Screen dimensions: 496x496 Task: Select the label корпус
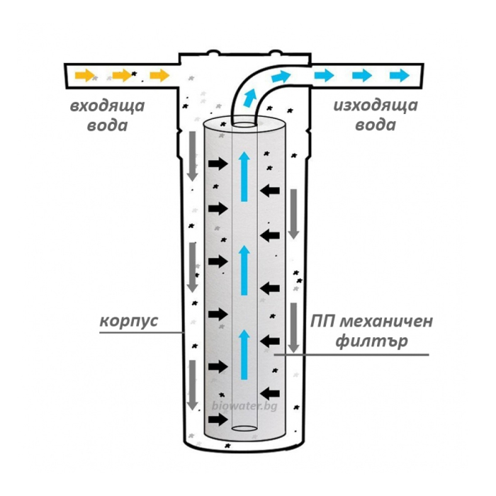coord(128,320)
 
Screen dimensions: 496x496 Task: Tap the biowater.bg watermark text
coord(244,406)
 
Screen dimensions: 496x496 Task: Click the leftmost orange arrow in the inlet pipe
coord(85,74)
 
